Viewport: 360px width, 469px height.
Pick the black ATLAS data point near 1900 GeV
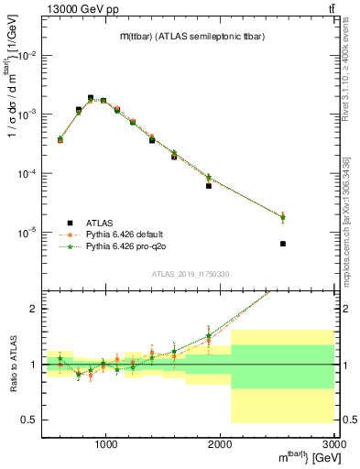(x=209, y=186)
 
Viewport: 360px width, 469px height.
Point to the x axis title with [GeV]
(x=301, y=458)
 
